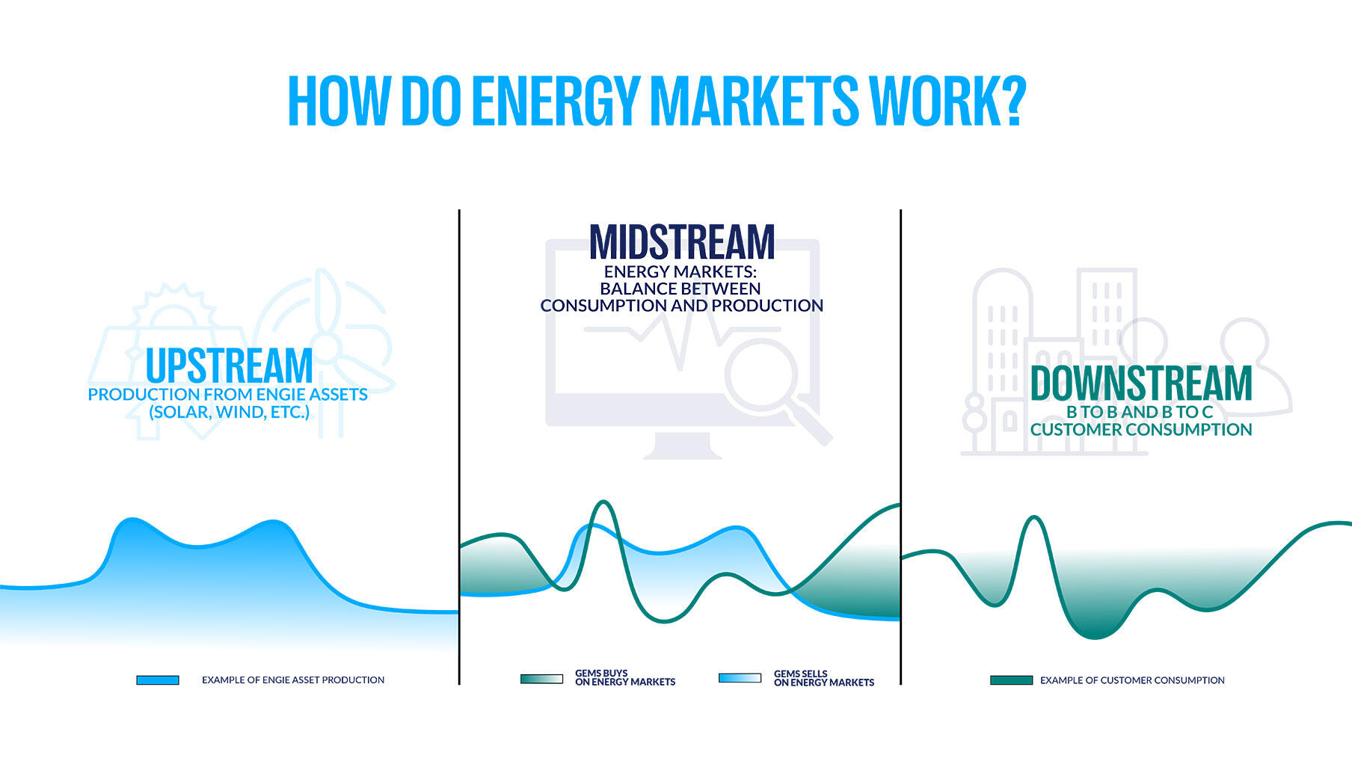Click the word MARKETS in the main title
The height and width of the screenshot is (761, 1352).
click(x=754, y=100)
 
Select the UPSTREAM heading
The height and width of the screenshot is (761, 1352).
click(x=229, y=366)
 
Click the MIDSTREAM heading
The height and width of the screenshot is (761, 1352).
click(x=681, y=242)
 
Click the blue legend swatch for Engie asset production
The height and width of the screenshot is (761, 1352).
click(x=158, y=680)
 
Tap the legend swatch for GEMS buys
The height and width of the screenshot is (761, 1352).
click(x=541, y=679)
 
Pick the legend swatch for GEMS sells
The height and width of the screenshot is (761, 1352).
click(x=740, y=678)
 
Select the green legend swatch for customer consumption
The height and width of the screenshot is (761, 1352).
click(x=1011, y=680)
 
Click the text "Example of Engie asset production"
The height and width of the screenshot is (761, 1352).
click(x=293, y=680)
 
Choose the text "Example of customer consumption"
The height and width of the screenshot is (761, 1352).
click(x=1132, y=680)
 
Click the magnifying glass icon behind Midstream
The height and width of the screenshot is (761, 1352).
click(x=763, y=378)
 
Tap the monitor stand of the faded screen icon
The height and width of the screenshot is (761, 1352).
click(x=682, y=446)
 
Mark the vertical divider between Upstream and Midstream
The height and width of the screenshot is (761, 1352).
click(x=459, y=449)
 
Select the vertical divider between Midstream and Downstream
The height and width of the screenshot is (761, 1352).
click(x=900, y=449)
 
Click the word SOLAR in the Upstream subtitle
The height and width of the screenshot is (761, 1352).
click(x=180, y=412)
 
